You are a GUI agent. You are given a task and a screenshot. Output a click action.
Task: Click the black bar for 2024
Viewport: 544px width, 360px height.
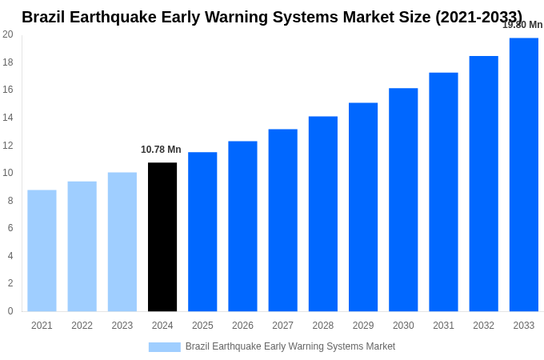click(x=162, y=237)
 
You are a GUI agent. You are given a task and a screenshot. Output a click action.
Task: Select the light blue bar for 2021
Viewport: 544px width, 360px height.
click(x=42, y=250)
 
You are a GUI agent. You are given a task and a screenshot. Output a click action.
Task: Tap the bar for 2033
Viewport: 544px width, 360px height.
click(x=523, y=174)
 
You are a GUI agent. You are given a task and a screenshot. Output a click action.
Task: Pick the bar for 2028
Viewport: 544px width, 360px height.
click(x=322, y=214)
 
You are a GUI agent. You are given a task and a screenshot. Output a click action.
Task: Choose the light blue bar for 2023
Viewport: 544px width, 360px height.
click(x=122, y=242)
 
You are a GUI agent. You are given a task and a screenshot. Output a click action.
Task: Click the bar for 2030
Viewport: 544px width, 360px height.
click(x=403, y=199)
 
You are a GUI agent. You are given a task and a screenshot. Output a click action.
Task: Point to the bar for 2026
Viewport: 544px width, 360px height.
click(x=242, y=226)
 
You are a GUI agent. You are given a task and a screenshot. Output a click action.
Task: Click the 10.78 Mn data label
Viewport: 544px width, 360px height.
click(x=161, y=150)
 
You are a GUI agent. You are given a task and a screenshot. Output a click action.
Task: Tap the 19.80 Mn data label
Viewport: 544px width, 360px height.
click(x=522, y=25)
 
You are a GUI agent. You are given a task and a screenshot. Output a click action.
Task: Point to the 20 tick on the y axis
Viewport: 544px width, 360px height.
click(x=8, y=34)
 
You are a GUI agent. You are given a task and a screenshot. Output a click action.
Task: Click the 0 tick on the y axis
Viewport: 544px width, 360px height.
click(x=10, y=311)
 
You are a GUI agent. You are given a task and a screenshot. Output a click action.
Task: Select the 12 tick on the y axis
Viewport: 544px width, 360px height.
click(x=8, y=145)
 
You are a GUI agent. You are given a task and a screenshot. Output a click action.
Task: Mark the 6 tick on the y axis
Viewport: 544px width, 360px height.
click(x=10, y=228)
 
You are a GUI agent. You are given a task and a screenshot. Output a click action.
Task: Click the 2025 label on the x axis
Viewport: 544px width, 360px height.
click(x=202, y=326)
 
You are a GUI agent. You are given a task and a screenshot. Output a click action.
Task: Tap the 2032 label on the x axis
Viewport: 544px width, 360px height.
click(x=483, y=326)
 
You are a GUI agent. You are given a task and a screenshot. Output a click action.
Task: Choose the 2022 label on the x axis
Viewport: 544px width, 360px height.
click(x=82, y=326)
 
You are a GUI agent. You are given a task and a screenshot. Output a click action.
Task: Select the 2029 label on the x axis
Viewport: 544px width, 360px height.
click(x=363, y=326)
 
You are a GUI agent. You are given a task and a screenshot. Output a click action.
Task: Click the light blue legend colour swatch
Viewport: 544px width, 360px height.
click(x=164, y=347)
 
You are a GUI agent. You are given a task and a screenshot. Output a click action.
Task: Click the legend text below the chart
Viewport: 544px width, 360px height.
click(x=290, y=346)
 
